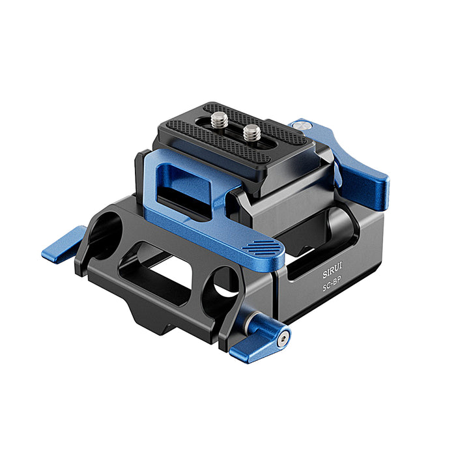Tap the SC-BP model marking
pyautogui.click(x=332, y=287)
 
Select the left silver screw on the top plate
pyautogui.click(x=220, y=120)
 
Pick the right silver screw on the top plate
pyautogui.click(x=252, y=133)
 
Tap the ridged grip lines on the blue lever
pyautogui.click(x=261, y=247)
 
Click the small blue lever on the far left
pyautogui.click(x=63, y=244)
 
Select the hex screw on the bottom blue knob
pyautogui.click(x=283, y=339)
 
